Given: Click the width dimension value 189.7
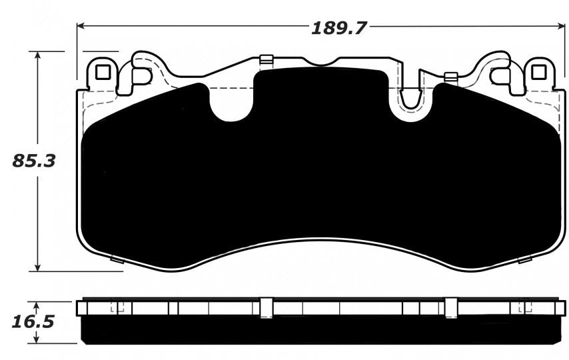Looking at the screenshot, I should click(340, 28).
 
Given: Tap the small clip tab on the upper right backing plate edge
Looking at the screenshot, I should click(450, 76).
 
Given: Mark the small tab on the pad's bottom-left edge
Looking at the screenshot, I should click(115, 259).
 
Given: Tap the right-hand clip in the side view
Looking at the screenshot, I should click(450, 307).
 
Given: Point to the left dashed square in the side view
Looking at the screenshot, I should click(118, 307).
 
